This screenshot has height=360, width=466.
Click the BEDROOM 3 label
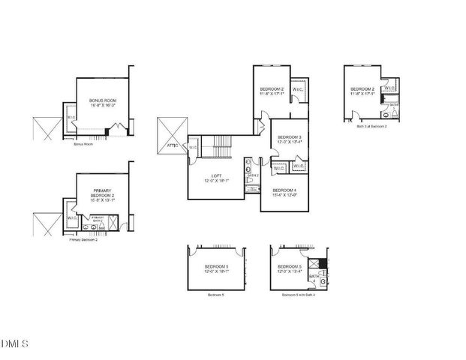point(289,137)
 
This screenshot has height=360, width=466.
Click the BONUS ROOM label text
point(103,100)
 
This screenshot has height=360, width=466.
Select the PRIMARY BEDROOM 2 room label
point(102,193)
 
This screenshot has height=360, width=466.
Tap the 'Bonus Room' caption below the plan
point(83,143)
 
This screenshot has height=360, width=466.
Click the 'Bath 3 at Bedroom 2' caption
point(372,127)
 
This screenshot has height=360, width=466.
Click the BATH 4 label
point(313,276)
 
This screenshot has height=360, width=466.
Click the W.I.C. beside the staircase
point(193,147)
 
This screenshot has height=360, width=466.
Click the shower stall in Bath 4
point(323,263)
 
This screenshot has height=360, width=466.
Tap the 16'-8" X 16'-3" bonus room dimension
point(103,106)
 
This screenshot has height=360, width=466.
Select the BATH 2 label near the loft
point(253,175)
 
